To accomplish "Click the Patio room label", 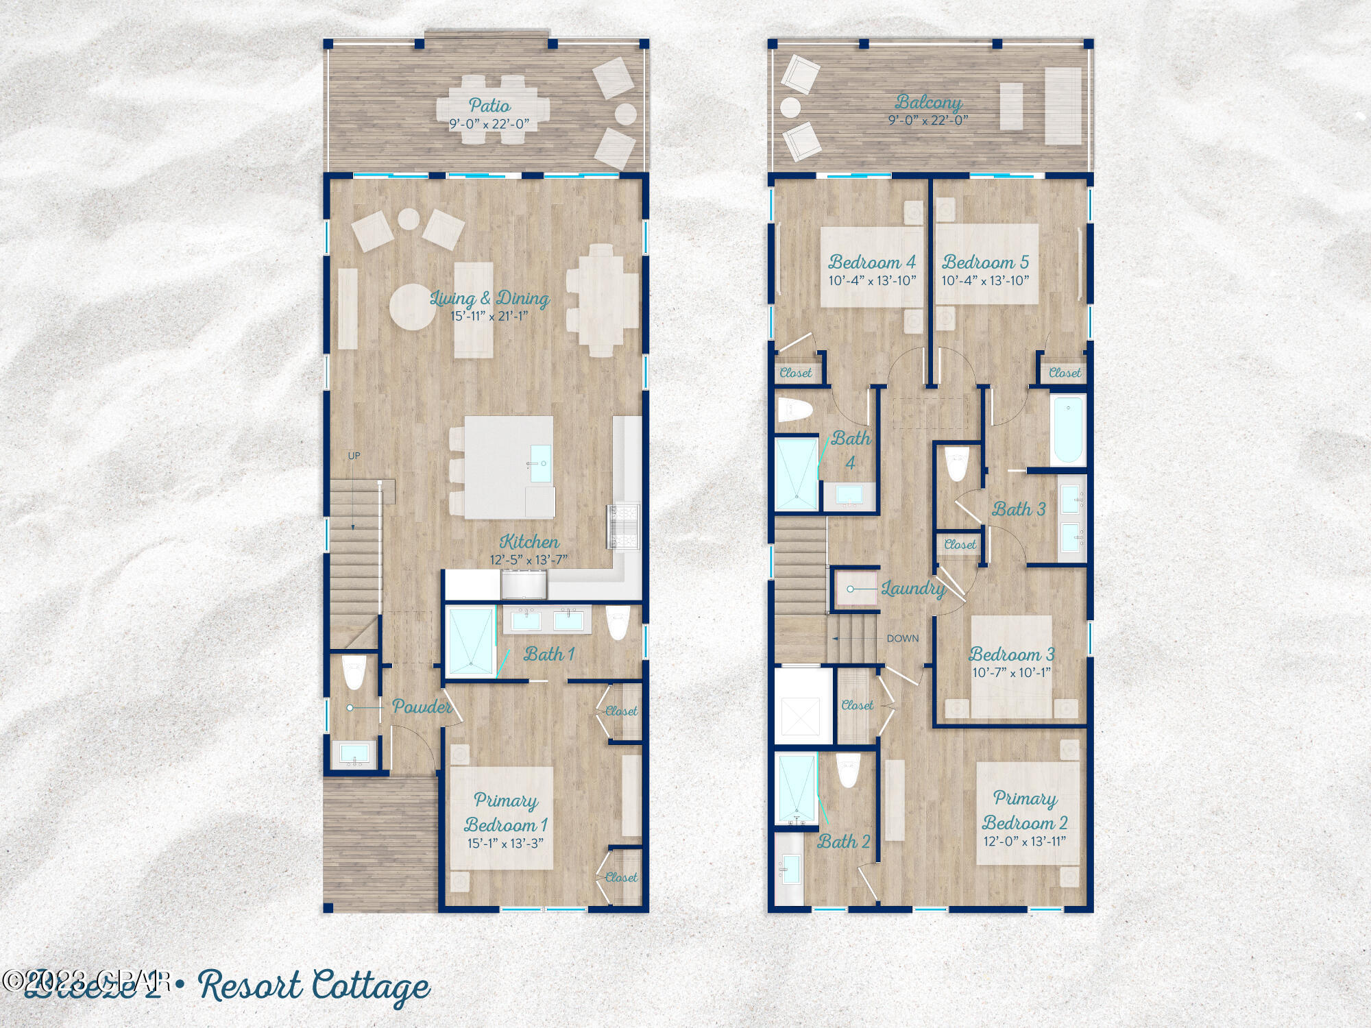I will point(489,105).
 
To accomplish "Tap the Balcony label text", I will point(928,102).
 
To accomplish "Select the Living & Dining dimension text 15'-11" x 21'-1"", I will point(489,316).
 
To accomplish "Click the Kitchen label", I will point(529,541).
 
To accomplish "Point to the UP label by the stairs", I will point(354,456).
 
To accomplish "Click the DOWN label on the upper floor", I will point(902,638).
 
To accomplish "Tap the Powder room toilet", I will point(354,672).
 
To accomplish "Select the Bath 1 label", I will point(548,654).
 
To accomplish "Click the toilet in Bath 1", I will point(618,622).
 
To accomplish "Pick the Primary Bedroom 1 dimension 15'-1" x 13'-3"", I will point(505,843).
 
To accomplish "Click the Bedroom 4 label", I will point(872,262).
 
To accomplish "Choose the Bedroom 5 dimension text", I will point(985,280).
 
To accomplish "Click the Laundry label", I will point(913,588).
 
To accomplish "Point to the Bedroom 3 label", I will point(1011,654).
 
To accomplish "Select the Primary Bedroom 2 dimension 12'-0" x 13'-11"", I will point(1025,841).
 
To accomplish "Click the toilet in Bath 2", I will point(848,770).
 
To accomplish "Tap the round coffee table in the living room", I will point(413,307).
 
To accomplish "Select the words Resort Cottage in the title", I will point(314,986).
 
